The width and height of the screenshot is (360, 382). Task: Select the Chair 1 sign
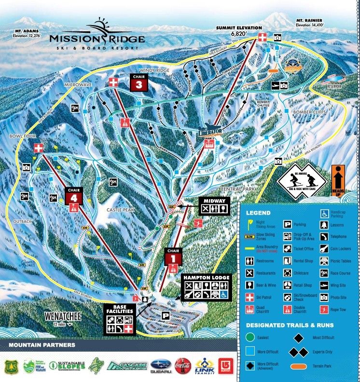click(173, 256)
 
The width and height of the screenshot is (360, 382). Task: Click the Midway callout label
click(214, 200)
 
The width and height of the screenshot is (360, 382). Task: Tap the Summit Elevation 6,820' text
click(239, 31)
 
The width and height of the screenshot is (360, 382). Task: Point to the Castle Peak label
click(121, 210)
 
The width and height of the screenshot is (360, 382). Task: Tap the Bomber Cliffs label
click(307, 111)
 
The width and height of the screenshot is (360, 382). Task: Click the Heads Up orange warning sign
click(339, 180)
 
